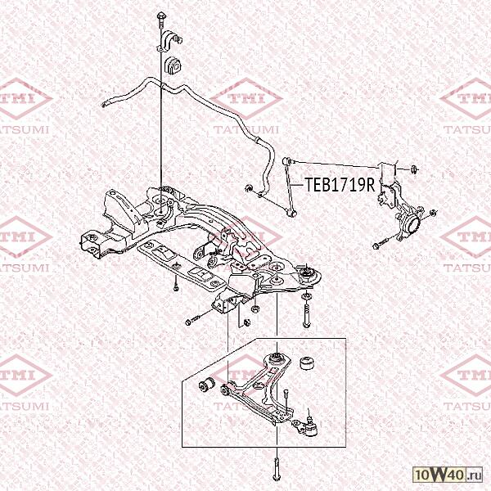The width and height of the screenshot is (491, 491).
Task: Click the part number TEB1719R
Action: [x=340, y=184]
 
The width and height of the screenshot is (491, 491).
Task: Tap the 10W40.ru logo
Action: [x=448, y=475]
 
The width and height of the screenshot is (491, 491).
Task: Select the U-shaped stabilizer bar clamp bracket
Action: [x=169, y=41]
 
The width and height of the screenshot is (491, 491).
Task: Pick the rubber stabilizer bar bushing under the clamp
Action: [x=173, y=65]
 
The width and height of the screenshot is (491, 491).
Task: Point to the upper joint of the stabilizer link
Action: [x=286, y=161]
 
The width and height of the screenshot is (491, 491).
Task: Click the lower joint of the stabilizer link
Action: [x=291, y=214]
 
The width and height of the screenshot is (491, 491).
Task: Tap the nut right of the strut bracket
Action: [x=415, y=169]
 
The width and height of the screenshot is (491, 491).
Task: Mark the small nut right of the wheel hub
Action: [x=433, y=213]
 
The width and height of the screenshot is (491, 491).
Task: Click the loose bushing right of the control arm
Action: [x=307, y=362]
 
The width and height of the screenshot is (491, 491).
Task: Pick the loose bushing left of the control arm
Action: [x=207, y=385]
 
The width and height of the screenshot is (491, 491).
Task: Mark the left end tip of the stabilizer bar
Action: [x=104, y=105]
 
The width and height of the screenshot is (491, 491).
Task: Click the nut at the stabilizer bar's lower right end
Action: [x=250, y=188]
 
